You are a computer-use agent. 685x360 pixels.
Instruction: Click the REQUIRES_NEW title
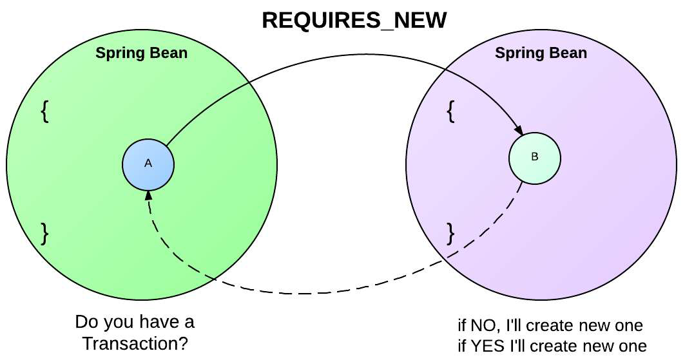(354, 20)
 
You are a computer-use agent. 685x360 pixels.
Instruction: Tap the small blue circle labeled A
(148, 164)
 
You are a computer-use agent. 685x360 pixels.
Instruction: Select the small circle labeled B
(534, 158)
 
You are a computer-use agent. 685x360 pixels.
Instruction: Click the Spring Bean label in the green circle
(142, 53)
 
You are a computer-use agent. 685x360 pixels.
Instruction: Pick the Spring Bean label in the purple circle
(541, 53)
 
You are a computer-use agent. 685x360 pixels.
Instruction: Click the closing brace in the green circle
(44, 232)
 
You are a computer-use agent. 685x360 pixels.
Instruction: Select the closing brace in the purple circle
(451, 232)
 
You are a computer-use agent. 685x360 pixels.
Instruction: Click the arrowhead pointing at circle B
(519, 131)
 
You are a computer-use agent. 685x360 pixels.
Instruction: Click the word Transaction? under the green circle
(135, 343)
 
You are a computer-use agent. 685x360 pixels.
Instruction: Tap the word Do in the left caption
(86, 322)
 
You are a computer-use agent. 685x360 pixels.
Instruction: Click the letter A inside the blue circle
(148, 164)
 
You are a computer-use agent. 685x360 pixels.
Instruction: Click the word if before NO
(461, 325)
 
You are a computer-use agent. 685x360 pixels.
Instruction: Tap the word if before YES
(461, 345)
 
